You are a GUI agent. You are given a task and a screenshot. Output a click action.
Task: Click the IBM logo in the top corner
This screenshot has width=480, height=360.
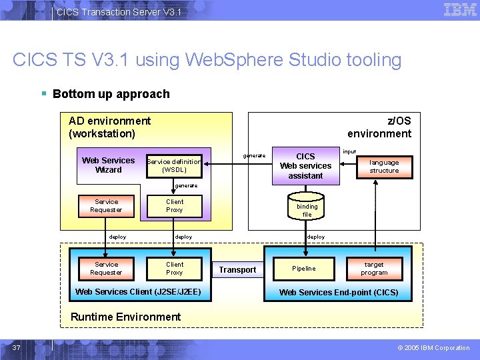(460, 10)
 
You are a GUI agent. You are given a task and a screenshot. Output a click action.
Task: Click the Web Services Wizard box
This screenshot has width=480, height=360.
(108, 165)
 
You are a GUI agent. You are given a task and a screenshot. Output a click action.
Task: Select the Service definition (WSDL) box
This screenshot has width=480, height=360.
(173, 165)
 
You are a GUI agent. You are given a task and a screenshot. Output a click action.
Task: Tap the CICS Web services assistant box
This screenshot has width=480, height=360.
(305, 166)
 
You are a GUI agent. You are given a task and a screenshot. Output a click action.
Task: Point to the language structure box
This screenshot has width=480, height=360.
(384, 167)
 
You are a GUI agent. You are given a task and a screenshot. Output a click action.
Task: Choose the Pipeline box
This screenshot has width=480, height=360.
(304, 269)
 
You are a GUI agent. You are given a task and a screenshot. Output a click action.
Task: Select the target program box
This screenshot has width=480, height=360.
(374, 269)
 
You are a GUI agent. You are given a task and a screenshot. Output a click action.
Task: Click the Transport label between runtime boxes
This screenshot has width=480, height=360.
(237, 270)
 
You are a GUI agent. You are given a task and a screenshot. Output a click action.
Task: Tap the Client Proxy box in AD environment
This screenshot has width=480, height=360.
(175, 206)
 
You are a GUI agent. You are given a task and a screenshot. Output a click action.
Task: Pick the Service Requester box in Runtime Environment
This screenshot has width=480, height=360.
(106, 269)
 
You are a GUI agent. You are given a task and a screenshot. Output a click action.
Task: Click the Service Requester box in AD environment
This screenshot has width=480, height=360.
(106, 206)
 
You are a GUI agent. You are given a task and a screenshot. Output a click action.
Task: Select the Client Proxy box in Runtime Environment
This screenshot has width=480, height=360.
(175, 269)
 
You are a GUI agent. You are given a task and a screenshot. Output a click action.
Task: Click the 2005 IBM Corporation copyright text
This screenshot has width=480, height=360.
(433, 348)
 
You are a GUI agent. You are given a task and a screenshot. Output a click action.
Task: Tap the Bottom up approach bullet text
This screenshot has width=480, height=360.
(111, 94)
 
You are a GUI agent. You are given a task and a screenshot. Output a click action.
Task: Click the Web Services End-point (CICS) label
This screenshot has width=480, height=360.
(339, 293)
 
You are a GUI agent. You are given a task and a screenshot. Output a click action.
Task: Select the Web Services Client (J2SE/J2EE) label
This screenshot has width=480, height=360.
(138, 292)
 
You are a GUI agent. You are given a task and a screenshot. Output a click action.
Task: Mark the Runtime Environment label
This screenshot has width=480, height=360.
(125, 317)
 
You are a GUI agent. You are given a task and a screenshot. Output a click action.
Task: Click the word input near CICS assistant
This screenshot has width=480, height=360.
(349, 152)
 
